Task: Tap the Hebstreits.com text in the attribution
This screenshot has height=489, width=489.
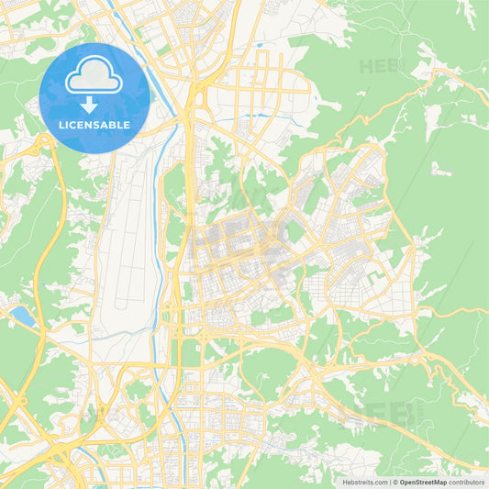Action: click(366, 481)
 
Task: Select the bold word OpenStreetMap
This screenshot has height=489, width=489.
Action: click(422, 481)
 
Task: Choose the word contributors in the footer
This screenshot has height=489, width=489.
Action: click(466, 481)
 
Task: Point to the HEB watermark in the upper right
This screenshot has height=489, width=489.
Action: click(380, 67)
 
